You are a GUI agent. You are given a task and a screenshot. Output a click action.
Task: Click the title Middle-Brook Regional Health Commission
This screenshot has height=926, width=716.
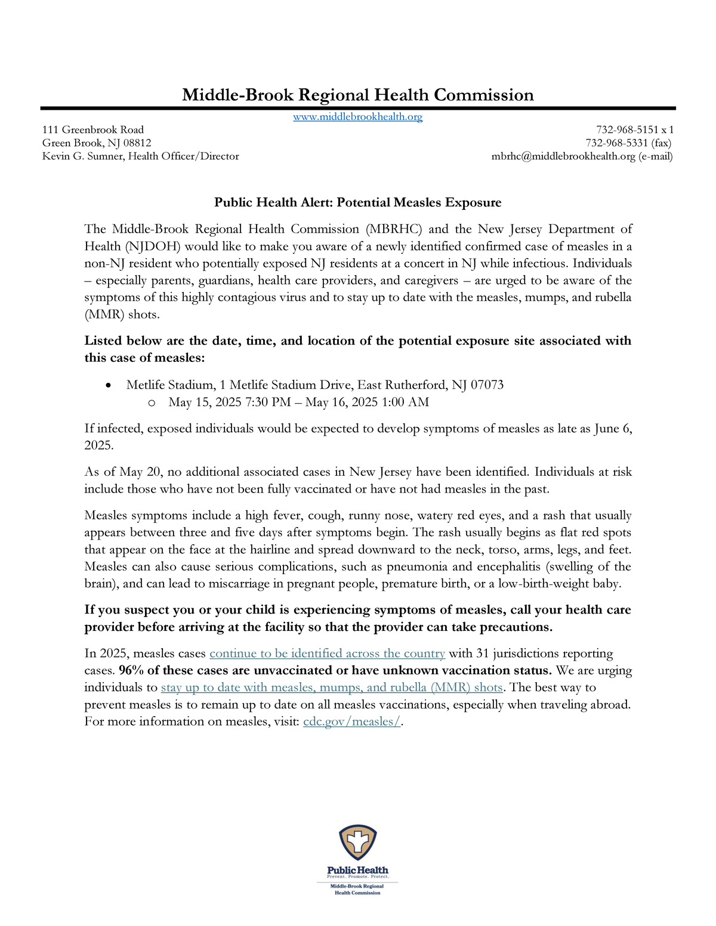pyautogui.click(x=357, y=95)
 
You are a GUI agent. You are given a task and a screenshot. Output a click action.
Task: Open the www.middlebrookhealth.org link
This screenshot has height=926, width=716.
pyautogui.click(x=357, y=117)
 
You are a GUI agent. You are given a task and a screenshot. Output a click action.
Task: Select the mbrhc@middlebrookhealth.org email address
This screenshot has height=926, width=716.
pyautogui.click(x=563, y=156)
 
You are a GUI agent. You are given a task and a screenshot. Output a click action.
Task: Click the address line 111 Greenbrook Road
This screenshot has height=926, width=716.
pyautogui.click(x=93, y=129)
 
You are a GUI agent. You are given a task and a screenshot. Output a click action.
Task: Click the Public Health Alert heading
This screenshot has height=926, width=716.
pyautogui.click(x=357, y=203)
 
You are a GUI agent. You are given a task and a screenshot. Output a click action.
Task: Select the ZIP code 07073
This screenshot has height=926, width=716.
pyautogui.click(x=487, y=385)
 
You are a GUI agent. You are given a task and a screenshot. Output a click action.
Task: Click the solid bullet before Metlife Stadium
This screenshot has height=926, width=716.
pyautogui.click(x=107, y=386)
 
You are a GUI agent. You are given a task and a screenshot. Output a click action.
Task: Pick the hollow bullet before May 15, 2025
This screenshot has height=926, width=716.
pyautogui.click(x=152, y=403)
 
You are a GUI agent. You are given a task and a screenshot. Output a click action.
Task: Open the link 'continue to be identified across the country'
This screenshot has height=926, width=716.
pyautogui.click(x=327, y=654)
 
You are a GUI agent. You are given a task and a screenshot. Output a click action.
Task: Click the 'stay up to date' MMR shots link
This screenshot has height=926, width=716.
pyautogui.click(x=332, y=687)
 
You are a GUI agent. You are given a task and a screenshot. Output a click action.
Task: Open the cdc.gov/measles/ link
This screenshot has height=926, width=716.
pyautogui.click(x=352, y=721)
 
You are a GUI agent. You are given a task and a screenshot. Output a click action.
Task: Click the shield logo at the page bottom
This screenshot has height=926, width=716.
pyautogui.click(x=357, y=843)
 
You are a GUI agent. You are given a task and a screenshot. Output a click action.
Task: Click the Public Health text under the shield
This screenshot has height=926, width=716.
pyautogui.click(x=357, y=870)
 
